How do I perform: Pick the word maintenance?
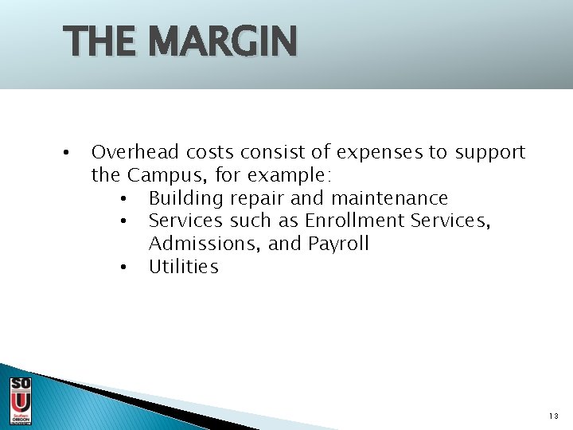(389, 198)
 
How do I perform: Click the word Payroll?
(337, 244)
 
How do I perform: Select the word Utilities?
(183, 267)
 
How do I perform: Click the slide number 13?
(554, 416)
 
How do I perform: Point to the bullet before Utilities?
(123, 268)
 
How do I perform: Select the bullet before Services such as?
(123, 221)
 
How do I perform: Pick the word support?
(490, 152)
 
